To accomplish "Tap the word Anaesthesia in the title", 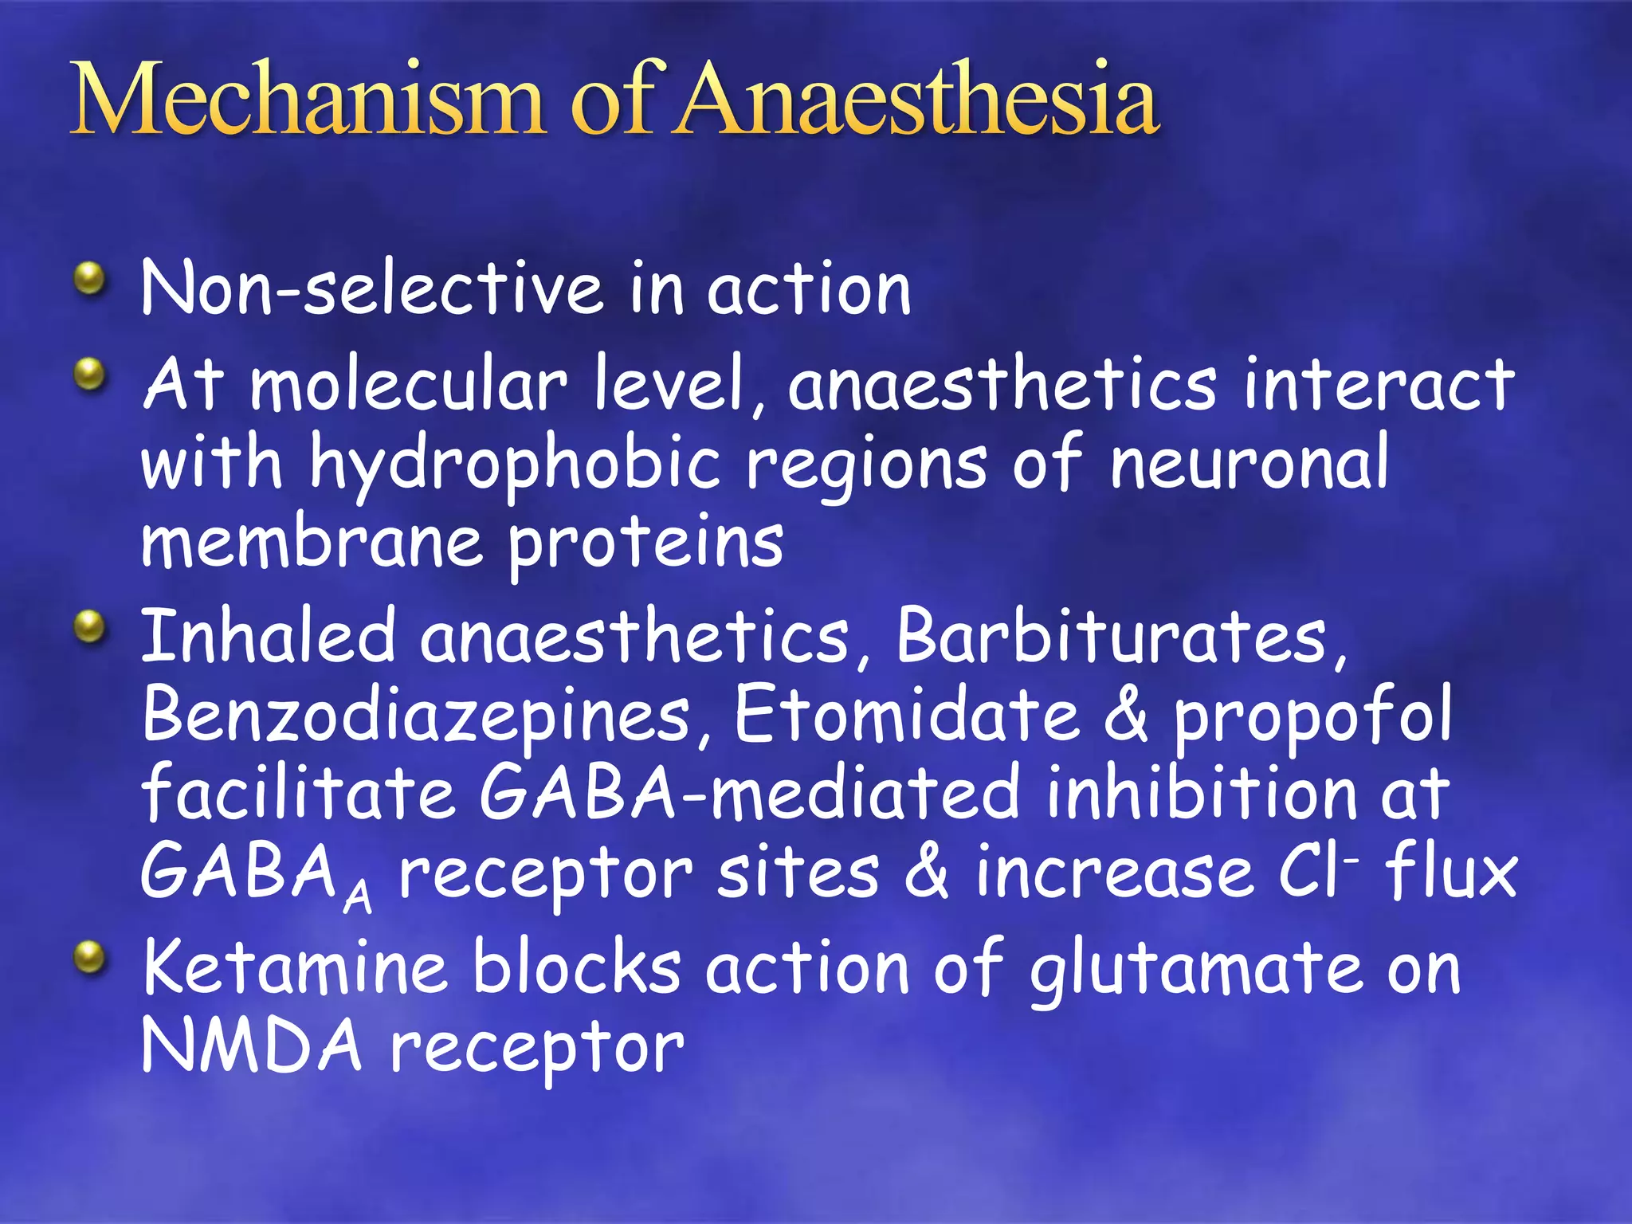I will (916, 100).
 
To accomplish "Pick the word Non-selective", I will (371, 288).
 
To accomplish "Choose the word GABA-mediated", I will (749, 792).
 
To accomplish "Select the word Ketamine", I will (295, 967).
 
